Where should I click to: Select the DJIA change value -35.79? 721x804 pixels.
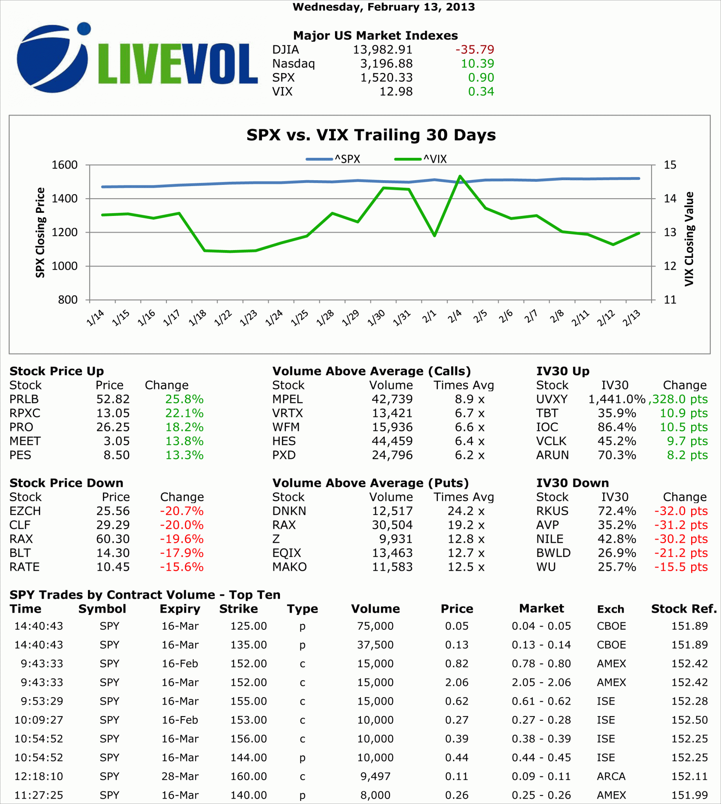click(475, 49)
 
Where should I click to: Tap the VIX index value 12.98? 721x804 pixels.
click(396, 91)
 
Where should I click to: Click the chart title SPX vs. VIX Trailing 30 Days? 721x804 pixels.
click(371, 135)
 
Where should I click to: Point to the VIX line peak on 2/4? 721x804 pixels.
click(460, 176)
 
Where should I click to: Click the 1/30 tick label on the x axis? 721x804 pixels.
click(376, 318)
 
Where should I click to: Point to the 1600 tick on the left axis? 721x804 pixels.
click(64, 165)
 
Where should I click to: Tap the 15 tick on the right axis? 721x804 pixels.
click(670, 165)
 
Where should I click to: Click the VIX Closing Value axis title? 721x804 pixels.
click(689, 239)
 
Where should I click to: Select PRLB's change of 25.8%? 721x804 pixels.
click(184, 399)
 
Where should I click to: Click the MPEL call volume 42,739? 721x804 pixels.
click(392, 399)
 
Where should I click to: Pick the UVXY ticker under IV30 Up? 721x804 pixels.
click(551, 399)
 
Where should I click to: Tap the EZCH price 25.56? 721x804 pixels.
click(113, 511)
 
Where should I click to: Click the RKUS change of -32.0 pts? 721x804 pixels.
click(681, 511)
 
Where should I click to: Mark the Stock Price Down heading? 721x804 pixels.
click(66, 483)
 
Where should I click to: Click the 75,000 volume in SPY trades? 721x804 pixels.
click(375, 626)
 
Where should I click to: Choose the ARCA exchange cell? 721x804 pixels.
click(611, 776)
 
